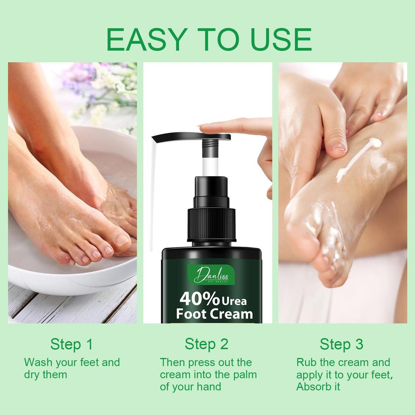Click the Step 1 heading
coord(72,344)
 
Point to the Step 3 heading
coord(341,344)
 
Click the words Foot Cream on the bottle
coord(214,313)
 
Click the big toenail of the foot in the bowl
coord(122,240)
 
